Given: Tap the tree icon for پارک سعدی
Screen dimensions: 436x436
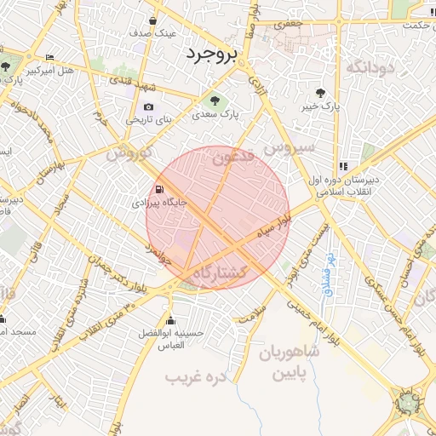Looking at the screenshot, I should click(214, 99).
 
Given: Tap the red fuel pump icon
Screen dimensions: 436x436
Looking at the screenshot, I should click(158, 190).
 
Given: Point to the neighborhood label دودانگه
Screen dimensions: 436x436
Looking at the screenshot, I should click(368, 66).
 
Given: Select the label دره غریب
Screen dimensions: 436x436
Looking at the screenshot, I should click(187, 376).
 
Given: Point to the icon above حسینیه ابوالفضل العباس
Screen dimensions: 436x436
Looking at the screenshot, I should click(171, 322).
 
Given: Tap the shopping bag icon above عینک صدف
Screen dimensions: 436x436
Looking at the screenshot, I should click(152, 21).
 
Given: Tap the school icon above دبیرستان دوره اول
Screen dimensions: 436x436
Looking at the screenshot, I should click(343, 167).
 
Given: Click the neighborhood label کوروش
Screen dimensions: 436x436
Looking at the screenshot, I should click(128, 154).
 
